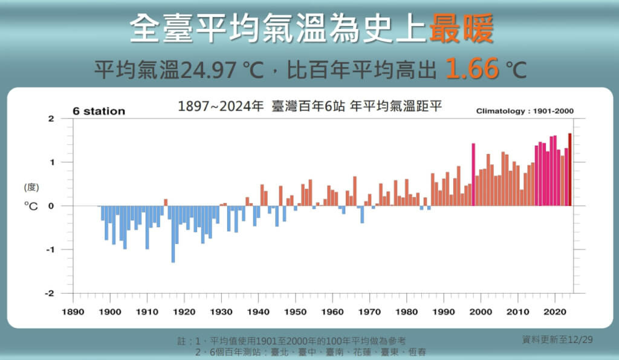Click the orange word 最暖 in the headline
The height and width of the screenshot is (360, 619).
[461, 28]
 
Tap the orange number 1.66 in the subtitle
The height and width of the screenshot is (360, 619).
[473, 69]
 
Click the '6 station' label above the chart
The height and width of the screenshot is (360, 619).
[99, 111]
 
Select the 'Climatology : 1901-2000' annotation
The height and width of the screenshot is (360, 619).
[525, 111]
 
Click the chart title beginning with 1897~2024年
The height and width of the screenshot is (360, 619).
[310, 106]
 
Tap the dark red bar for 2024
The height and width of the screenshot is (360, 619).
[569, 169]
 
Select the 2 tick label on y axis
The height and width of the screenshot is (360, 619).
[52, 119]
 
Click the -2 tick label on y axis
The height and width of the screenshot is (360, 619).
[51, 294]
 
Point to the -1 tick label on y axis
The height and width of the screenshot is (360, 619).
[51, 249]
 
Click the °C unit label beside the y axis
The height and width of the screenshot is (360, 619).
[31, 206]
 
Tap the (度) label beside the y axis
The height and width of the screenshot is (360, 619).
[31, 187]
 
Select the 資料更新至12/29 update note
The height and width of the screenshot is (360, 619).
[557, 339]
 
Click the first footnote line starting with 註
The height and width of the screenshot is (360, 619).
[296, 341]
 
